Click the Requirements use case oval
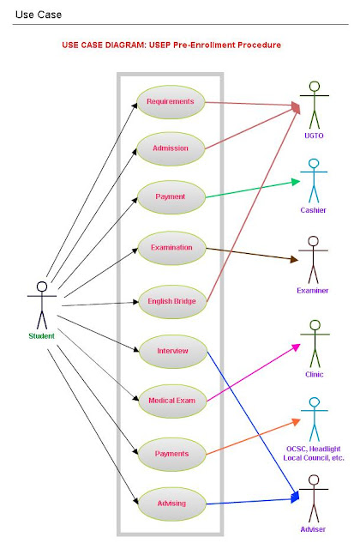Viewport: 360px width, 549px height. (x=170, y=101)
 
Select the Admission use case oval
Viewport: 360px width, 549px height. (x=170, y=148)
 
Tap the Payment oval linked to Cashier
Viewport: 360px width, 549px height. (x=170, y=196)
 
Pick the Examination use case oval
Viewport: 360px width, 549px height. (x=171, y=247)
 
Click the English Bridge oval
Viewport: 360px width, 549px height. (x=171, y=300)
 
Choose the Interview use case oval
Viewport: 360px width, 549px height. (x=171, y=350)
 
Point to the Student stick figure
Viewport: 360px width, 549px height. (x=40, y=303)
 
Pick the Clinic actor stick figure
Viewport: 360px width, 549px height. (x=314, y=341)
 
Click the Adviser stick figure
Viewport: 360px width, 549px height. (x=313, y=498)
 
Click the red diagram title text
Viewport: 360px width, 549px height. (x=171, y=45)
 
